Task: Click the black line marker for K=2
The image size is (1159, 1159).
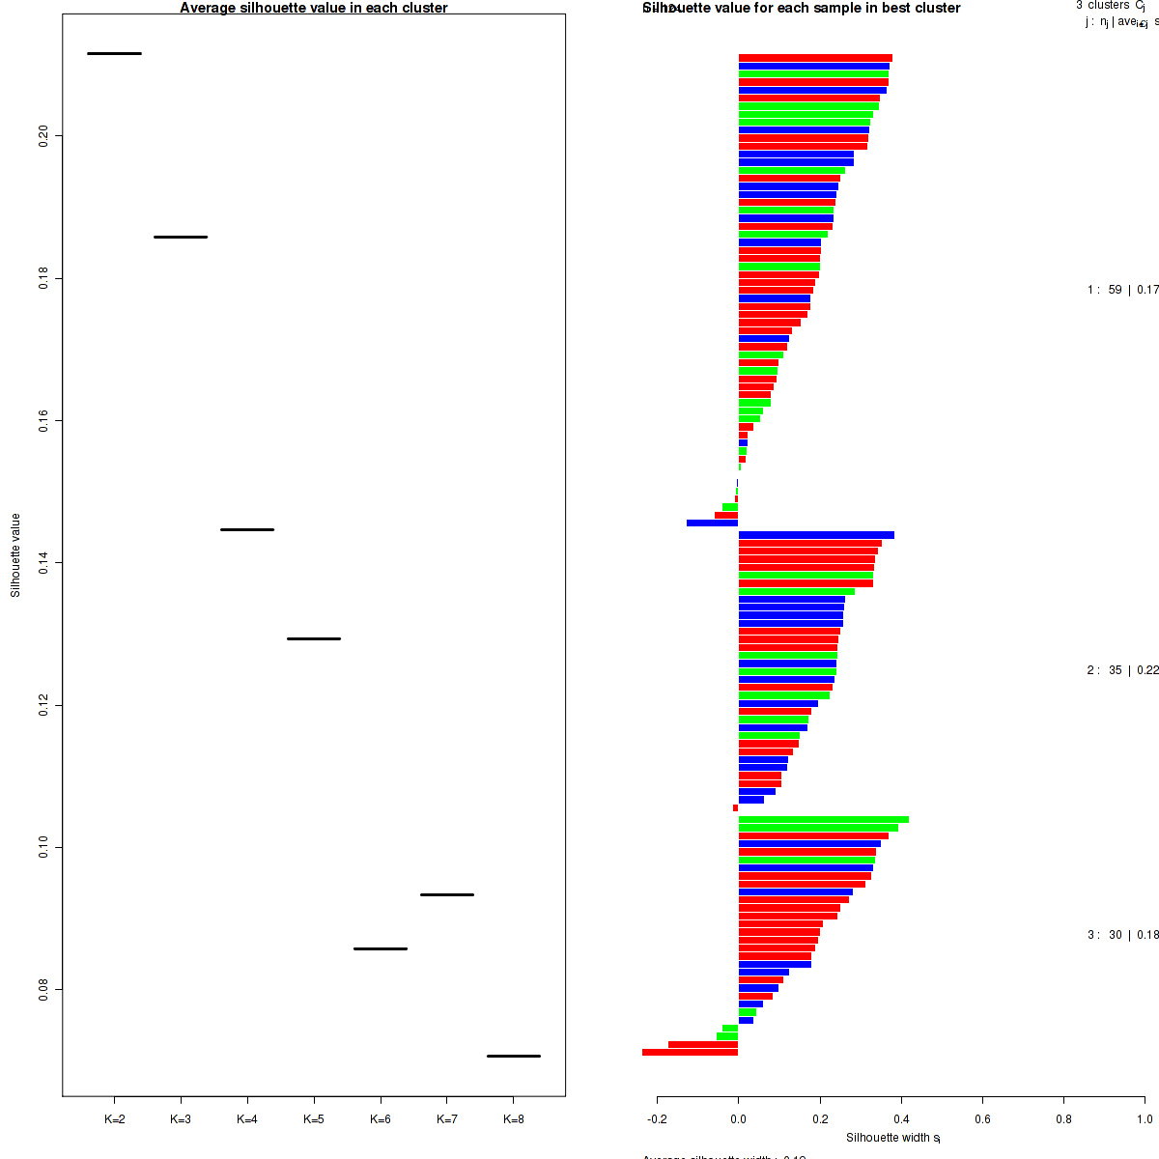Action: pyautogui.click(x=114, y=53)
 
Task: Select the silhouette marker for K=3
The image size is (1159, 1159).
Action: pyautogui.click(x=181, y=237)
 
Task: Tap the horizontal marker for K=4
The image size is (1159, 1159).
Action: pyautogui.click(x=247, y=529)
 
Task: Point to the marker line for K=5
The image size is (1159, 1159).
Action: pyautogui.click(x=314, y=638)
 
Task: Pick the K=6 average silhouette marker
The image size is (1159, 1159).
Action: pyautogui.click(x=381, y=948)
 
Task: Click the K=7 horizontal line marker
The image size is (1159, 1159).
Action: pyautogui.click(x=447, y=894)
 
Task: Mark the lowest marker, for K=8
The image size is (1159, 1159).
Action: pyautogui.click(x=514, y=1056)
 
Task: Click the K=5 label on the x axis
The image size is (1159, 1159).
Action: pyautogui.click(x=314, y=1119)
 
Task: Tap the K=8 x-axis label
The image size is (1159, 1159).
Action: pyautogui.click(x=514, y=1119)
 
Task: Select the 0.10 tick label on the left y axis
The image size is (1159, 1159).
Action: pyautogui.click(x=43, y=847)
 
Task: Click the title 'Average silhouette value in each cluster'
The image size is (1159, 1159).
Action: pyautogui.click(x=314, y=8)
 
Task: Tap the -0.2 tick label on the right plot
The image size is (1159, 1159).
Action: pyautogui.click(x=657, y=1119)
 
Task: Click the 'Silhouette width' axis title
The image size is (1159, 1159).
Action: pyautogui.click(x=893, y=1138)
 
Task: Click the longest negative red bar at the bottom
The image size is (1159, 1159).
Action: pyautogui.click(x=690, y=1053)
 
